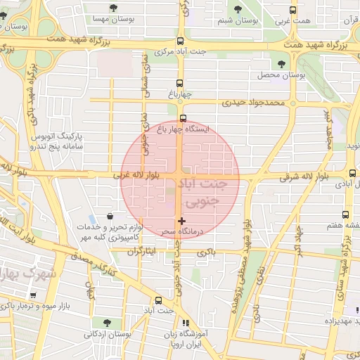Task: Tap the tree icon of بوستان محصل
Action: click(x=281, y=65)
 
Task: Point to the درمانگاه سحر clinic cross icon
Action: click(x=182, y=221)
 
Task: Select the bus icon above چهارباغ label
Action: click(x=180, y=82)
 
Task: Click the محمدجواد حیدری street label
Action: click(x=255, y=102)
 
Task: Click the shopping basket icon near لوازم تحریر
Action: click(x=110, y=217)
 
